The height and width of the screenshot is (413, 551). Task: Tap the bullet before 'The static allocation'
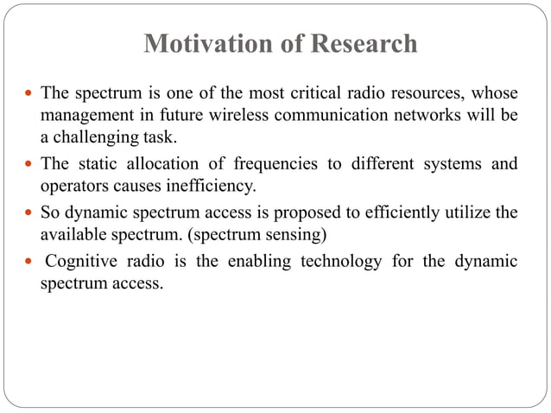coord(29,164)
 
